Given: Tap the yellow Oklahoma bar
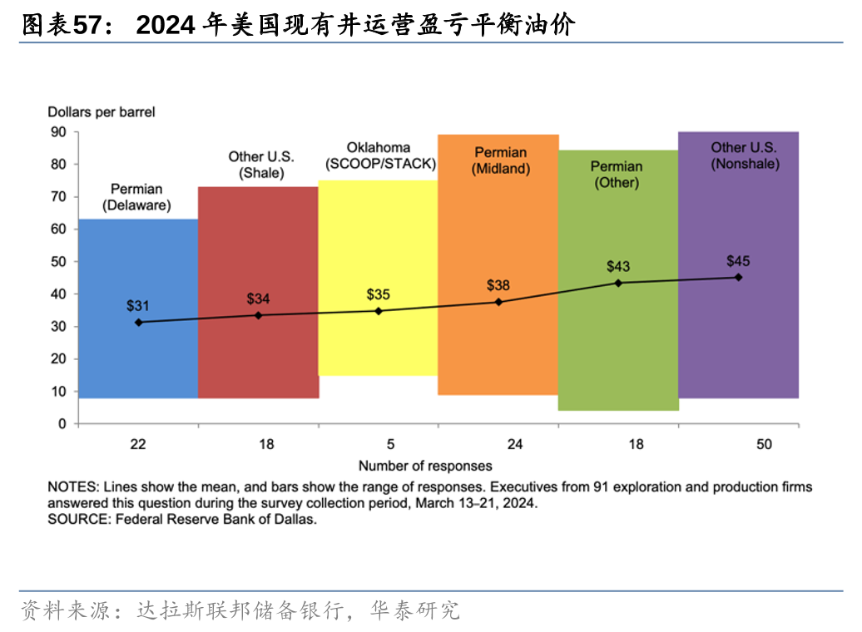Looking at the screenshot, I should click(x=378, y=249).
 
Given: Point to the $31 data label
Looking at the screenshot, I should click(x=138, y=306).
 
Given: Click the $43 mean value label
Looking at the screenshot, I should click(x=618, y=267).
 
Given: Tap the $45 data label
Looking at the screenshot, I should click(x=738, y=261).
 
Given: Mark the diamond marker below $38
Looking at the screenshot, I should click(x=498, y=302).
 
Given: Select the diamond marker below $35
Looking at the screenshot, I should click(x=379, y=311).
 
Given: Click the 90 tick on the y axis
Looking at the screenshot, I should click(x=58, y=131).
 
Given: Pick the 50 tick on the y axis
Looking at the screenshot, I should click(x=58, y=261).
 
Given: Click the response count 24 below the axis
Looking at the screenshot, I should click(x=515, y=444).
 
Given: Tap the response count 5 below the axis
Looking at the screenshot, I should click(x=390, y=444).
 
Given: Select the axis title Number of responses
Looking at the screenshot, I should click(x=425, y=466).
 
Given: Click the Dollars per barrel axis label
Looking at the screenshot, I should click(x=102, y=111).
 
